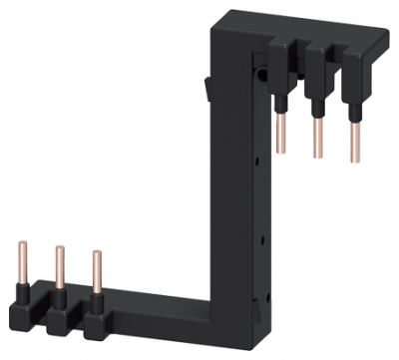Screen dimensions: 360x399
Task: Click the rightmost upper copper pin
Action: click(352, 140)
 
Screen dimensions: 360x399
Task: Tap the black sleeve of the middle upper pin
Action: click(318, 103)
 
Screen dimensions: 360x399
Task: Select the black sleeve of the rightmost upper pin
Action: click(352, 104)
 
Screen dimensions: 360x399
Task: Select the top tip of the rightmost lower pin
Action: click(96, 252)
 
